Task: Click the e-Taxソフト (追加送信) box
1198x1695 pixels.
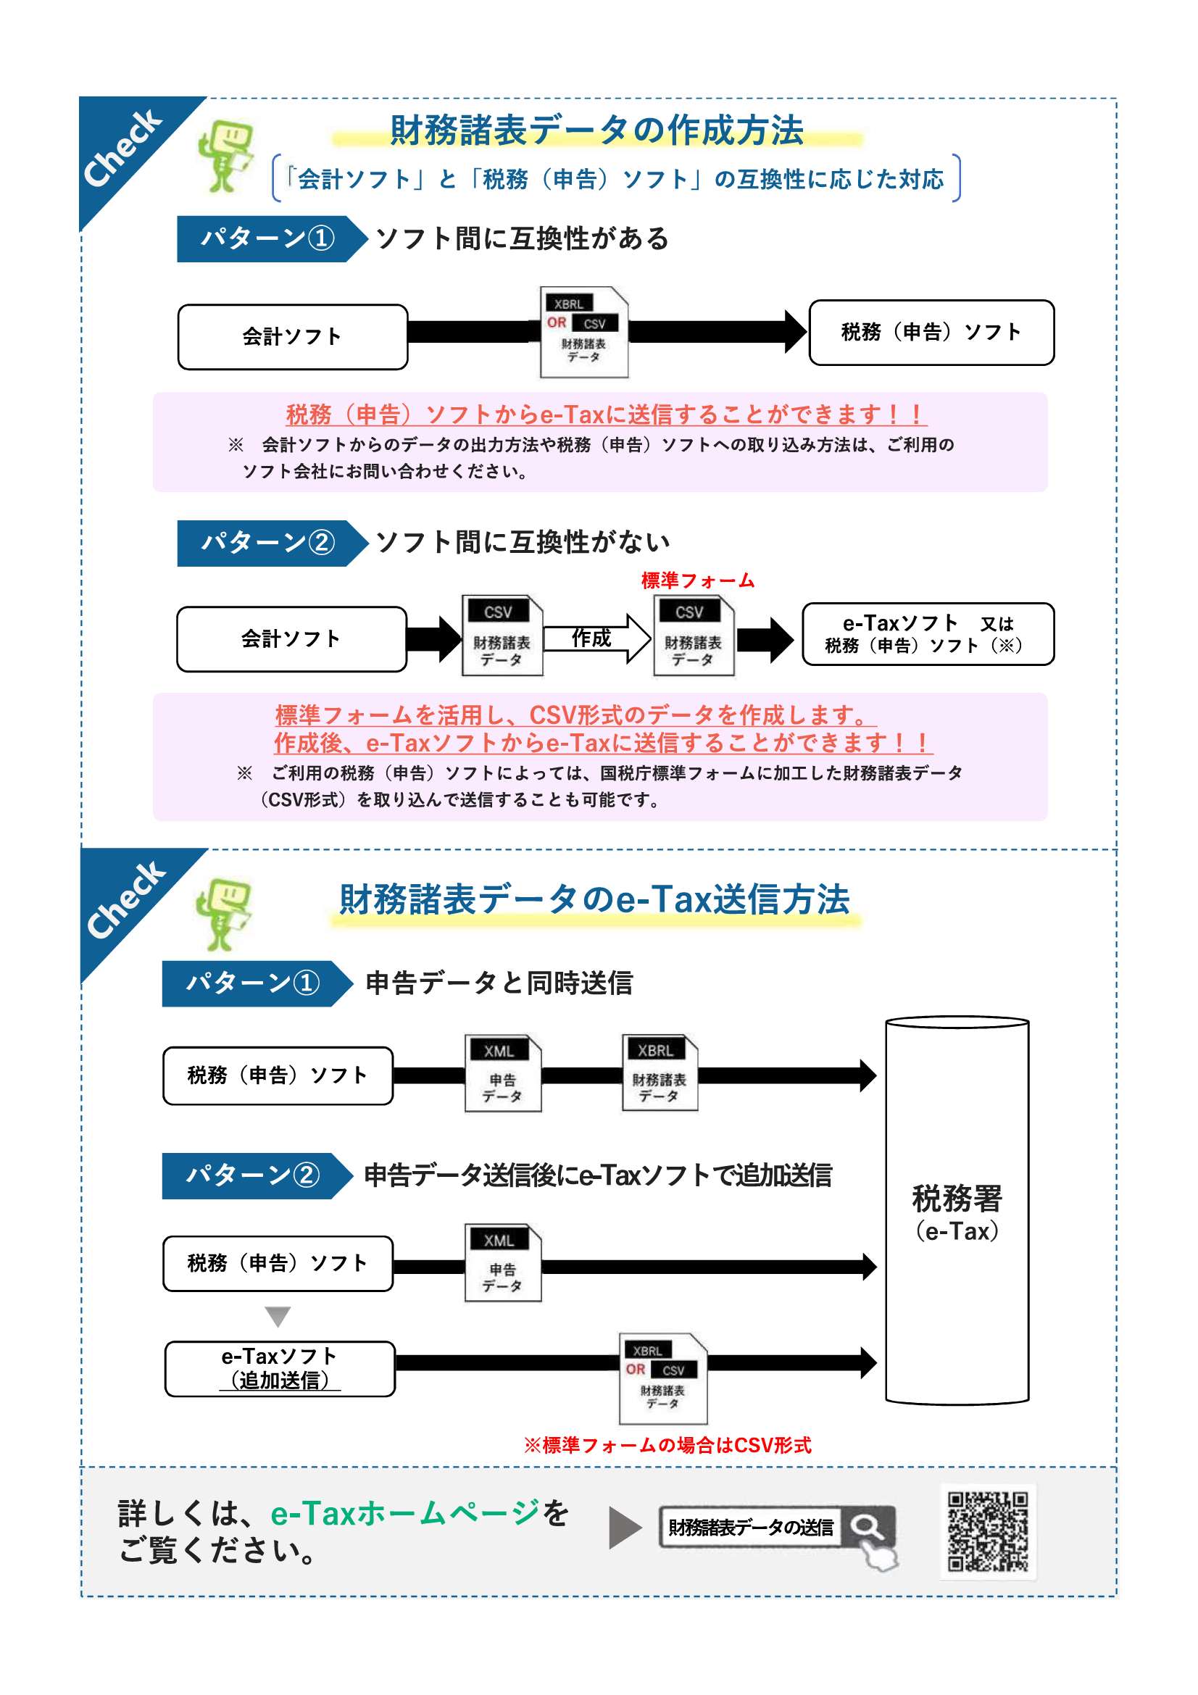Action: pyautogui.click(x=280, y=1369)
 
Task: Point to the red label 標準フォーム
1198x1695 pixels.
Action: pyautogui.click(x=697, y=580)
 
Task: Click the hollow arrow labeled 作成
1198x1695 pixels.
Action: pyautogui.click(x=597, y=638)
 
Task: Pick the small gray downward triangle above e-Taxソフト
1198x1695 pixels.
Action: pyautogui.click(x=278, y=1316)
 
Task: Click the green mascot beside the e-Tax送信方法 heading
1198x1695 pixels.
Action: pyautogui.click(x=224, y=914)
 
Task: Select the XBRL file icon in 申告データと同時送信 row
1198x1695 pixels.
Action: pyautogui.click(x=660, y=1073)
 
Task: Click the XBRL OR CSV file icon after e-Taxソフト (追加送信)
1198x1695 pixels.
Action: pyautogui.click(x=663, y=1378)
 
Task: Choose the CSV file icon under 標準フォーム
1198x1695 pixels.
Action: pyautogui.click(x=694, y=636)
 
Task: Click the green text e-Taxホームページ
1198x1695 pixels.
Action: pyautogui.click(x=405, y=1512)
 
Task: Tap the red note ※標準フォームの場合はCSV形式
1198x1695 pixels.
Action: pyautogui.click(x=667, y=1445)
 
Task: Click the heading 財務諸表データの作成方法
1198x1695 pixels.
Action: pyautogui.click(x=596, y=130)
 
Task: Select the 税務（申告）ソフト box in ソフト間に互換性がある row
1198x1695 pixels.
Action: pyautogui.click(x=931, y=332)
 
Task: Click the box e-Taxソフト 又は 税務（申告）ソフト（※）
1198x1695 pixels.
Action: pyautogui.click(x=928, y=634)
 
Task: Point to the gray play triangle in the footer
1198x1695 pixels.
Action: pyautogui.click(x=625, y=1528)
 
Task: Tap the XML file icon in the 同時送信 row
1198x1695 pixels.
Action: pyautogui.click(x=503, y=1073)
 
